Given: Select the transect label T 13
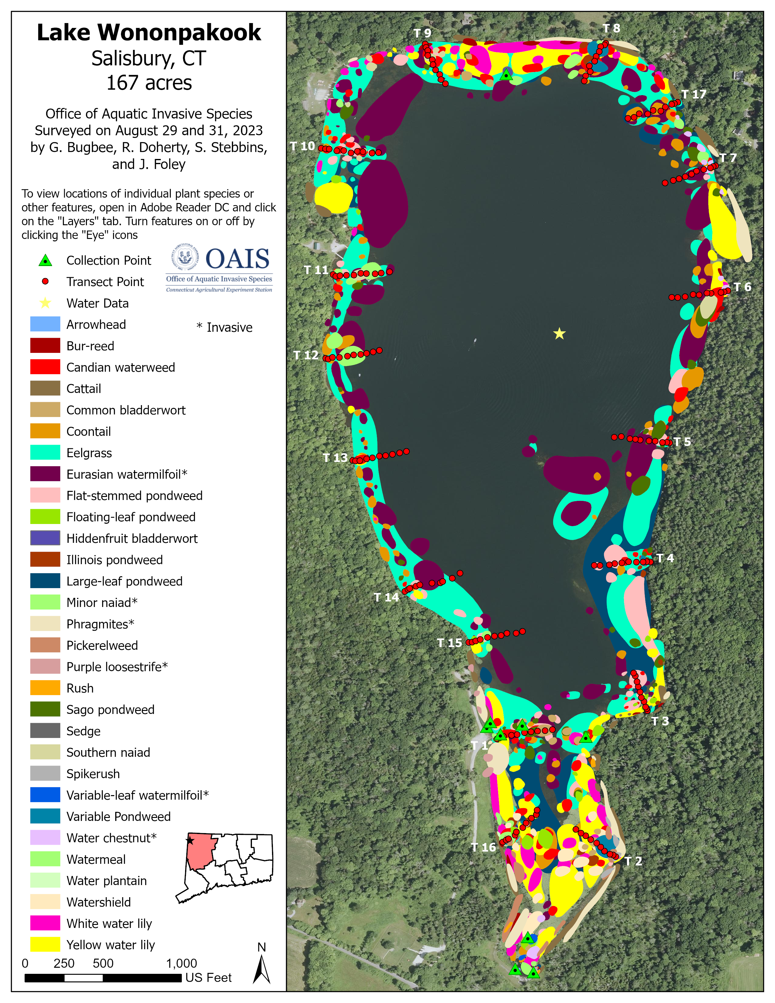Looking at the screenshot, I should coord(335,458).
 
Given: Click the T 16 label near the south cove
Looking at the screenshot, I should coord(484,847).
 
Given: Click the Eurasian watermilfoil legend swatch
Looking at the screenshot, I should coord(45,474).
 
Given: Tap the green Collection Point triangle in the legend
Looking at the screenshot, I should coord(45,260).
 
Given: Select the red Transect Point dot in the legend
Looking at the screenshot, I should coord(45,281).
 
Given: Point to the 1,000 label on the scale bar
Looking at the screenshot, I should coord(181,963).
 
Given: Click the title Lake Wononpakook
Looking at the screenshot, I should coord(149,33).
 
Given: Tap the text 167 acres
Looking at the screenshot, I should coord(149,83).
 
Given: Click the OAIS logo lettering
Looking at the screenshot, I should coord(237,259).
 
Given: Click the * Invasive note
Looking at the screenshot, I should coord(225,327).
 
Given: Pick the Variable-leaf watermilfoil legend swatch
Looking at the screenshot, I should coord(45,795).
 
